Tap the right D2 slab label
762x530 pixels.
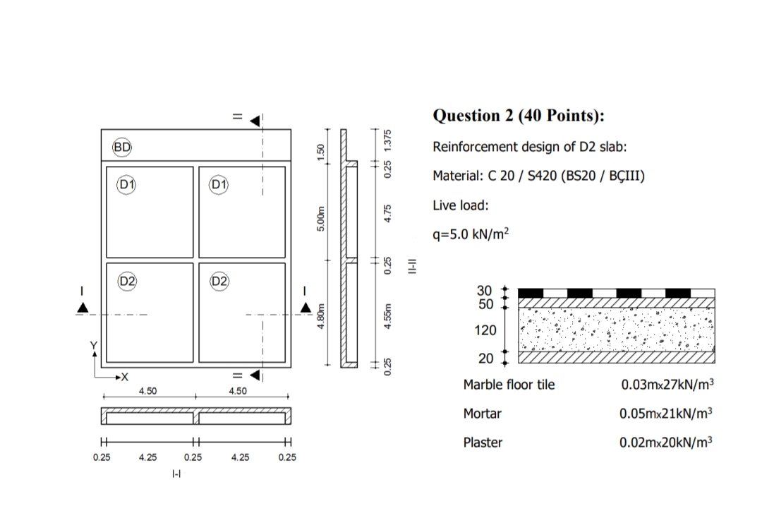[x=220, y=281]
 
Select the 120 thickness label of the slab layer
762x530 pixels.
[x=487, y=330]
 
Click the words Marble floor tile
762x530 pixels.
[x=509, y=385]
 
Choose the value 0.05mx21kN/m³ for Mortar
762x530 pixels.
[x=667, y=414]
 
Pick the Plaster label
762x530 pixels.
[x=483, y=442]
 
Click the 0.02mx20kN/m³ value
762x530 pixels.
[x=667, y=443]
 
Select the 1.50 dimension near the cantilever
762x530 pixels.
[x=321, y=152]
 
